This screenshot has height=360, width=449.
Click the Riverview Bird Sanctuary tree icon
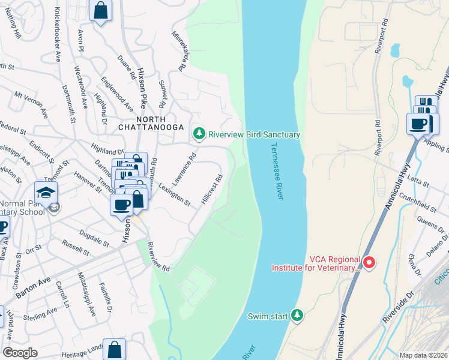coord(199,134)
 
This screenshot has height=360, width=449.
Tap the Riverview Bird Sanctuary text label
coord(253,135)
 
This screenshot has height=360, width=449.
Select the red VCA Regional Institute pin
coord(369,262)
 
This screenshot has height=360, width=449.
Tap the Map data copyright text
coord(423,355)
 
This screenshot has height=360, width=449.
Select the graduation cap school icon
coord(45,192)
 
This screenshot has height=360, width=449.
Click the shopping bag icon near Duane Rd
coord(100,11)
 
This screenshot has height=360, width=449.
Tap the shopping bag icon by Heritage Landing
coord(114,349)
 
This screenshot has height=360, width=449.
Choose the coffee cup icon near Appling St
coord(418,124)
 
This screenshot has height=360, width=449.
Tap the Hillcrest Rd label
coord(212,189)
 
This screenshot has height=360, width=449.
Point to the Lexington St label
coord(174,195)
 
